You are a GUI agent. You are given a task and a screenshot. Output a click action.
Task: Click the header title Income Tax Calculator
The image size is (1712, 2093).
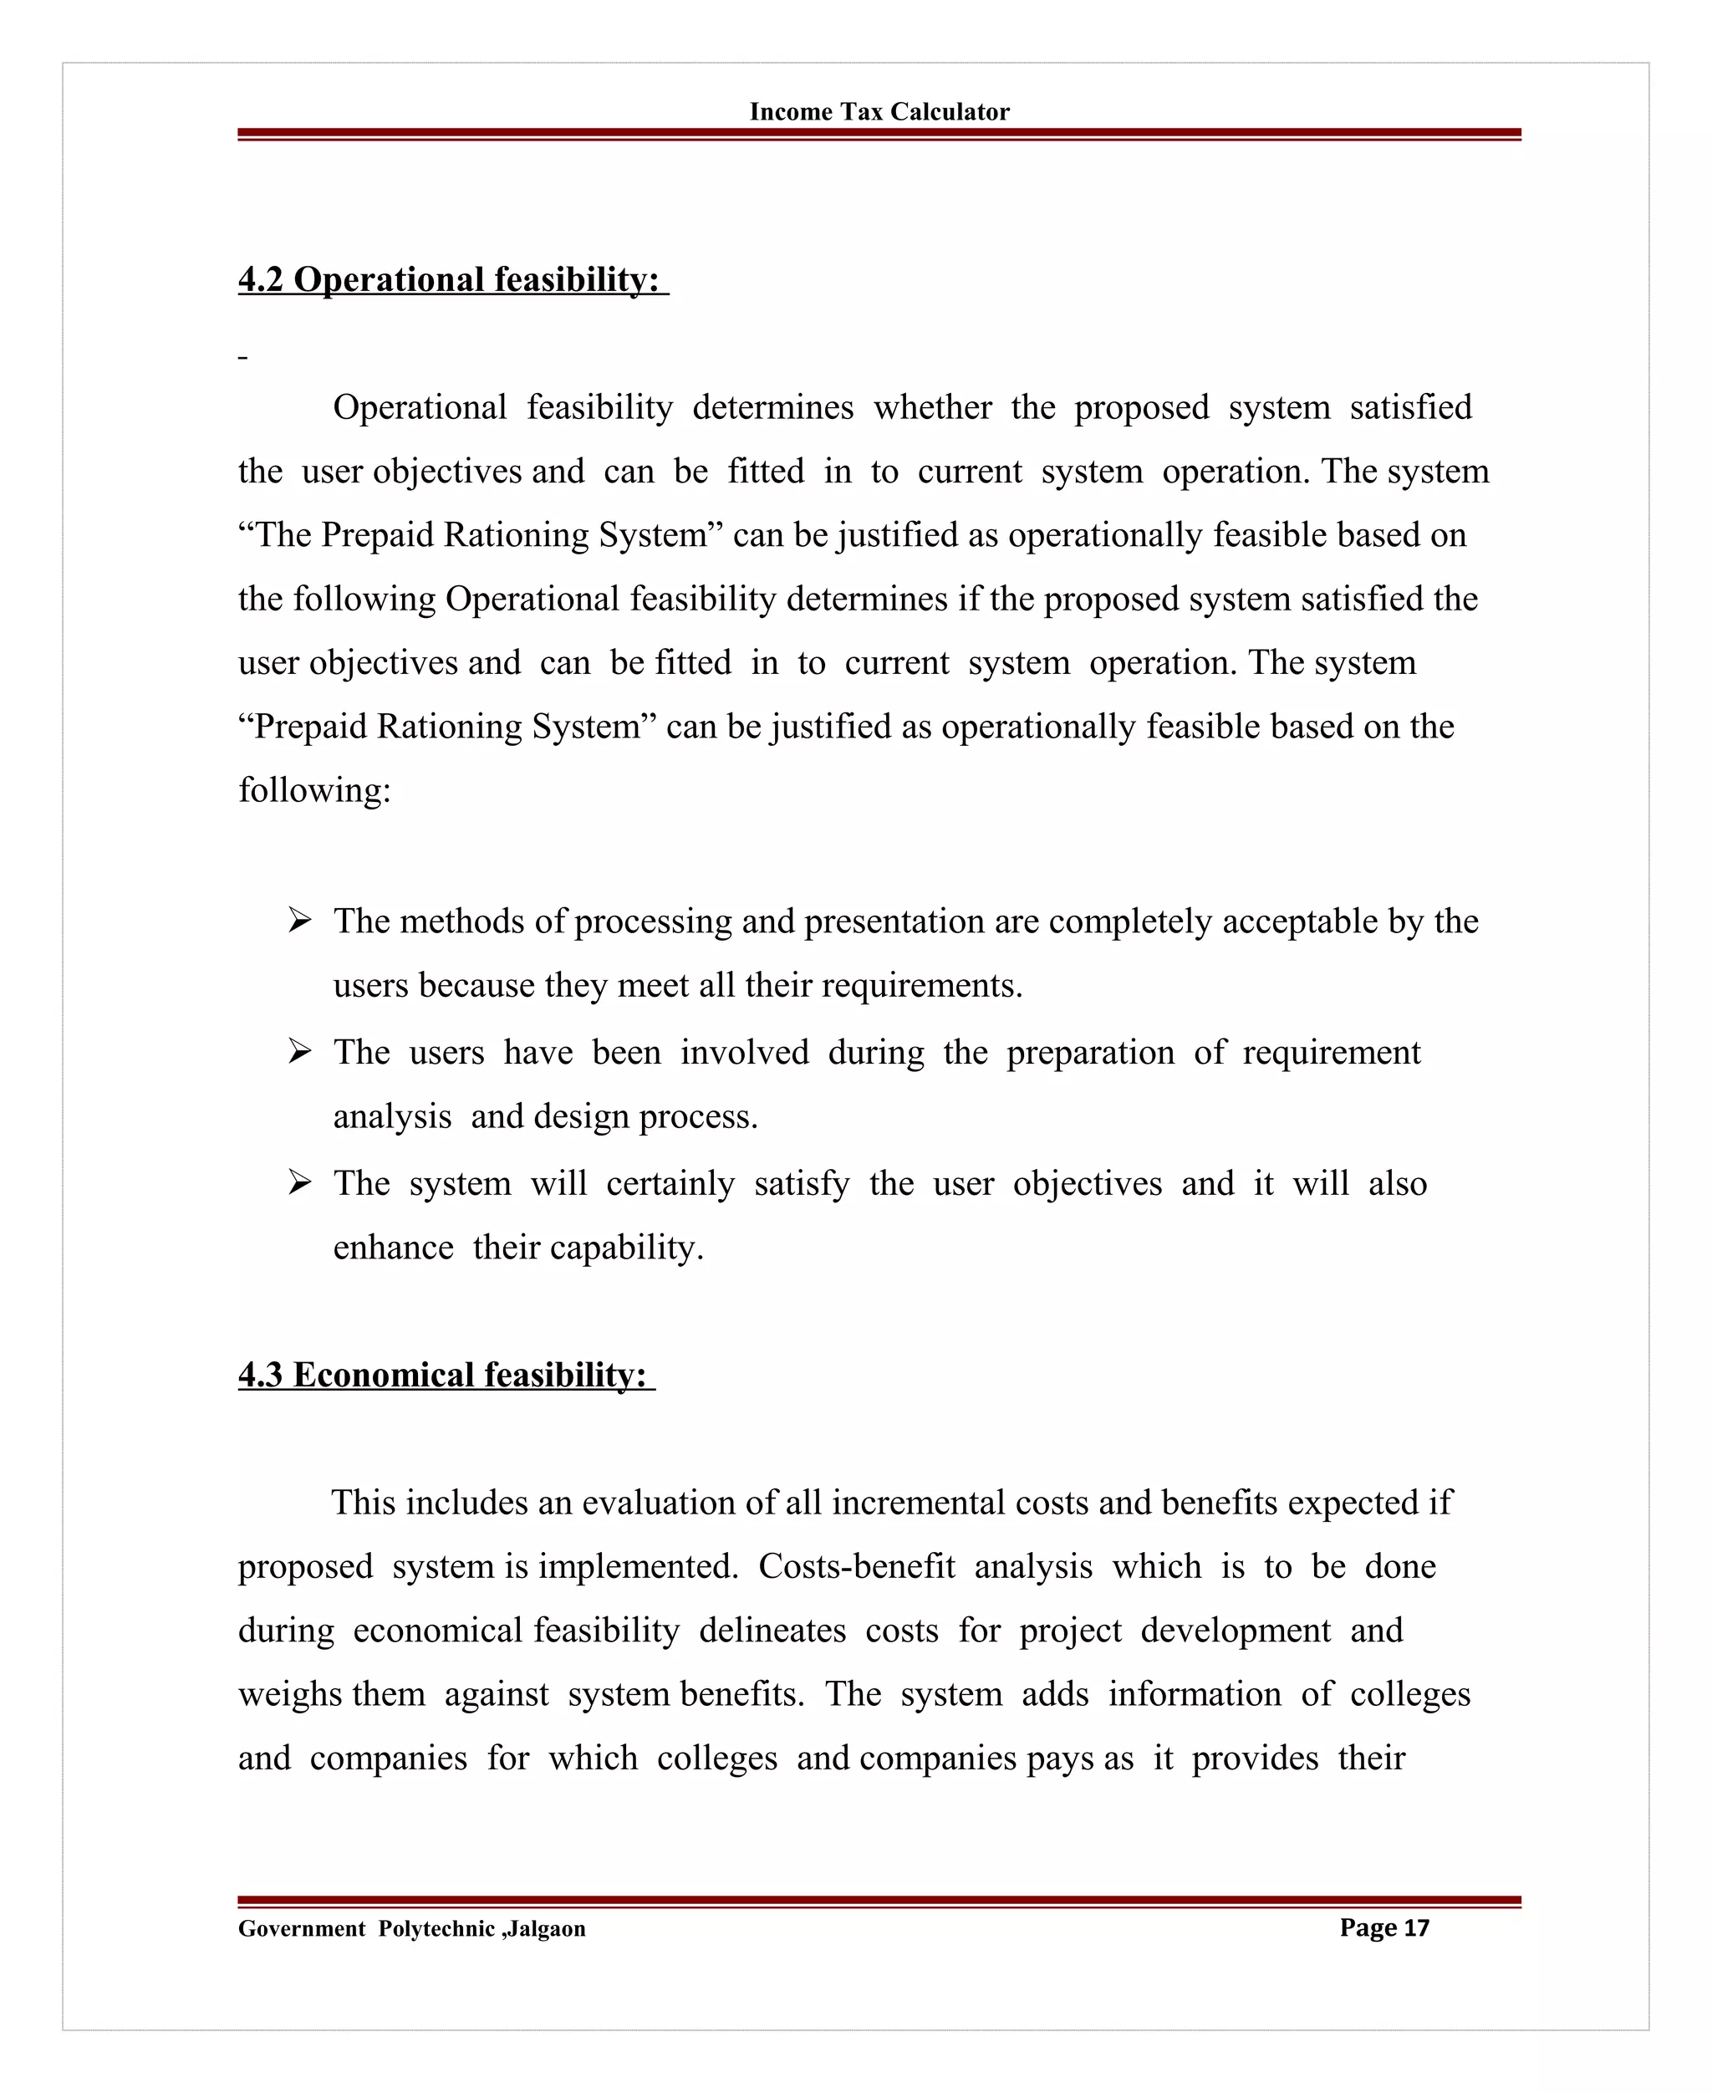[879, 111]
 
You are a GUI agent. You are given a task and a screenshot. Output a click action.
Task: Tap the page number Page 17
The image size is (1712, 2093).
[1383, 1927]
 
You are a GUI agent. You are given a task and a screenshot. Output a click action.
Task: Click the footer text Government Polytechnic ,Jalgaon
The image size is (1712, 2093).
[411, 1928]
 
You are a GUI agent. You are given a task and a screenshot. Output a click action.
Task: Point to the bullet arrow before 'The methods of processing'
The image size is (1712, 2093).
[300, 921]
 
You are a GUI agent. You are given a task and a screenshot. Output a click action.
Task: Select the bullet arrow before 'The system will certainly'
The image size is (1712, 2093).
[300, 1182]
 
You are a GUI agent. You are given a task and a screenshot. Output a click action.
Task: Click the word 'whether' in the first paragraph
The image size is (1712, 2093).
[932, 407]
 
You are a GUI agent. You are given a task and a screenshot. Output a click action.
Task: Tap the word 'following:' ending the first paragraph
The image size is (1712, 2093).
[314, 790]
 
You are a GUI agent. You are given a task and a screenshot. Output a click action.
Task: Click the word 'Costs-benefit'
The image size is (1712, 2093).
[856, 1566]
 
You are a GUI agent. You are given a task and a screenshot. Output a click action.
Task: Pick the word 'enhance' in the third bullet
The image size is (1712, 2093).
[393, 1248]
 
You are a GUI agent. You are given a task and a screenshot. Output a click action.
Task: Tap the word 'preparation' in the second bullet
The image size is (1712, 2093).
[1090, 1053]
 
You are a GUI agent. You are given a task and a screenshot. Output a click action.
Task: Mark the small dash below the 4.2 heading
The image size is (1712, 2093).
[242, 358]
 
